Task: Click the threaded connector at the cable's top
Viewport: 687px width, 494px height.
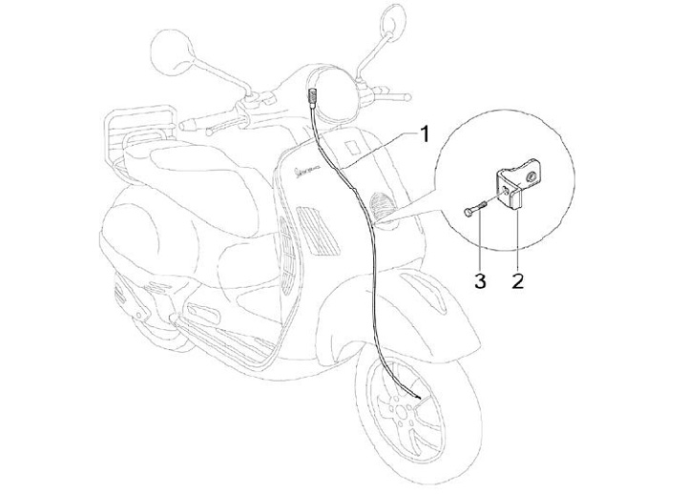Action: coord(313,94)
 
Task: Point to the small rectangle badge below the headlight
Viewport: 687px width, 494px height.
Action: coord(352,148)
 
